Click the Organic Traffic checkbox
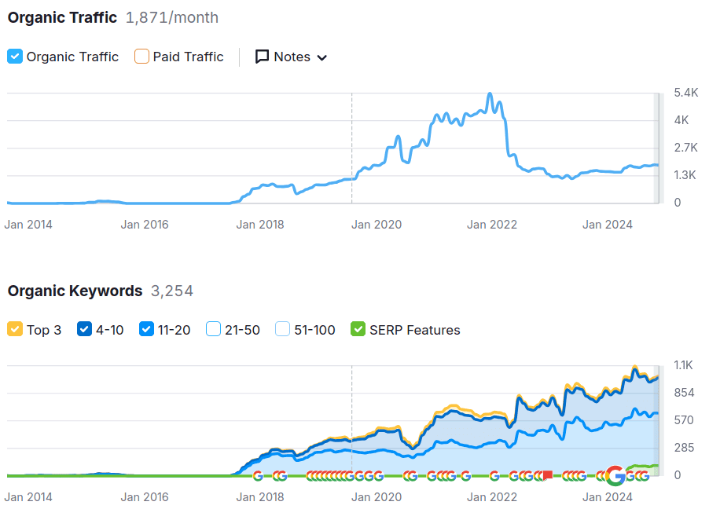tap(15, 57)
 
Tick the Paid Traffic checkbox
tap(141, 57)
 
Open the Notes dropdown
tap(291, 57)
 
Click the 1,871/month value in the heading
tap(172, 17)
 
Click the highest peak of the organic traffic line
tap(490, 94)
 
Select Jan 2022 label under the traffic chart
tap(492, 225)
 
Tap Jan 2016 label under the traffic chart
tap(145, 225)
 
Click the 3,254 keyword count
tap(172, 291)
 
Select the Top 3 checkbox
tap(15, 330)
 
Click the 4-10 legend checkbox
tap(84, 330)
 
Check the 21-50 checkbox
tap(213, 330)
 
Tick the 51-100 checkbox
tap(282, 330)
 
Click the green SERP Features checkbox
tap(358, 330)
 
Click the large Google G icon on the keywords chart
tap(616, 475)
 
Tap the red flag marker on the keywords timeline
tap(548, 475)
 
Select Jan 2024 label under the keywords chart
tap(608, 497)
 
